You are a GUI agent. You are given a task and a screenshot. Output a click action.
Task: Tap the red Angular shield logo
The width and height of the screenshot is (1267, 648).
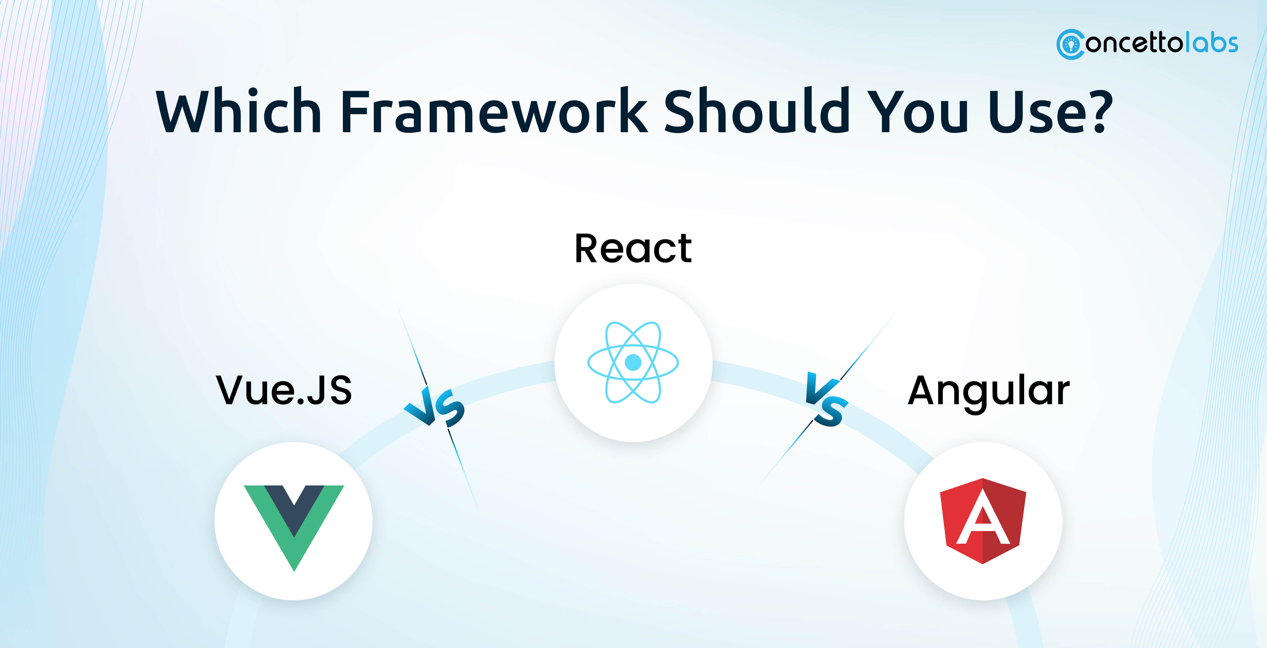coord(983,521)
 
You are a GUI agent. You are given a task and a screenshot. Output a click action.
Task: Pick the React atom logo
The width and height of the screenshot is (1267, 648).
coord(633,363)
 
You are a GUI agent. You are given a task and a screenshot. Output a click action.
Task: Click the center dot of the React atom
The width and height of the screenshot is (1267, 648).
coord(633,363)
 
